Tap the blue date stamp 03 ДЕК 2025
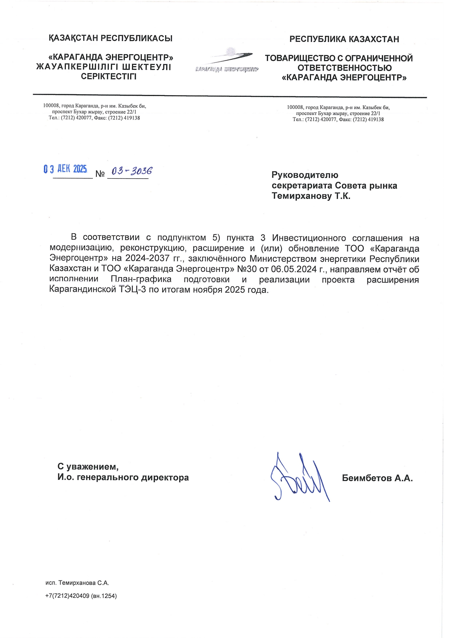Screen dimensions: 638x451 click(x=65, y=169)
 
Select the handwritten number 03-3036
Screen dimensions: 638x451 click(x=132, y=171)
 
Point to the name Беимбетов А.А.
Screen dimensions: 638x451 click(x=377, y=478)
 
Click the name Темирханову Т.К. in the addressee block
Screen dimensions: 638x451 click(x=311, y=196)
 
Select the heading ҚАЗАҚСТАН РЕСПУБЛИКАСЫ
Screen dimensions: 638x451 click(x=111, y=38)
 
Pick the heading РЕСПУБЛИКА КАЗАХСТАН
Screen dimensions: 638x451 click(x=344, y=39)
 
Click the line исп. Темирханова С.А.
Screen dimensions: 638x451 click(x=77, y=583)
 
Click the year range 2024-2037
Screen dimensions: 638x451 click(x=147, y=259)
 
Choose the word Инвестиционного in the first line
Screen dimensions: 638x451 click(x=309, y=238)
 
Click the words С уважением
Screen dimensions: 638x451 click(x=88, y=466)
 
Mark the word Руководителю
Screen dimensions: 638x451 click(x=305, y=175)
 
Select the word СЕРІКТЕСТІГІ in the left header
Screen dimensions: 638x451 click(x=109, y=77)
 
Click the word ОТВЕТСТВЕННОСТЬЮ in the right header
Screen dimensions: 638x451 click(x=344, y=68)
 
